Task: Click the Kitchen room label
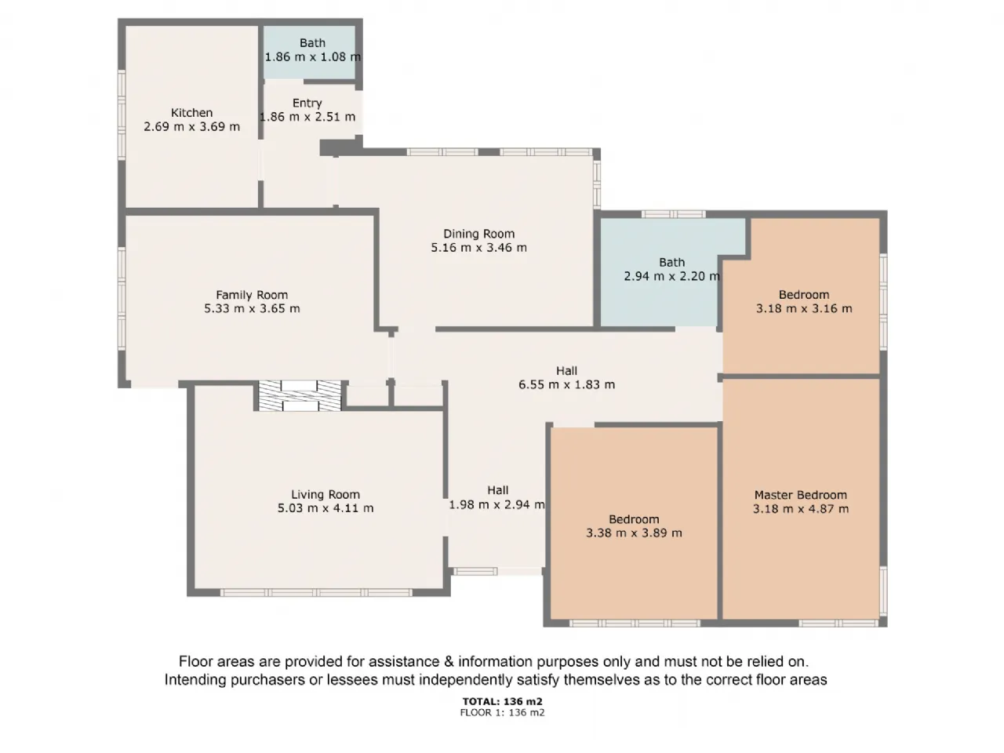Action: [x=191, y=113]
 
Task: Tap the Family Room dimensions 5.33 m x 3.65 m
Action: [x=252, y=308]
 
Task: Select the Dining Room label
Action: [x=479, y=234]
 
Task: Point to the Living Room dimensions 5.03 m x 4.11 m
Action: [x=326, y=508]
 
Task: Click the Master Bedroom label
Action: [x=801, y=495]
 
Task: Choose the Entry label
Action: [x=307, y=104]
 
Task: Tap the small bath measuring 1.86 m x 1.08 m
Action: [x=309, y=52]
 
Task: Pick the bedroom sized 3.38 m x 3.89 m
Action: [x=634, y=523]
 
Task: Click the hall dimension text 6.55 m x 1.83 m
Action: [x=567, y=384]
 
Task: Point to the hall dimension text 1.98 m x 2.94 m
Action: [x=497, y=504]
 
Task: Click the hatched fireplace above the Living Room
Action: [x=300, y=395]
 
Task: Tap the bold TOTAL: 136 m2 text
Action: [x=502, y=701]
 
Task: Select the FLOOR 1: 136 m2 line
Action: [x=502, y=713]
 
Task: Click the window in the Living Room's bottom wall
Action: [x=316, y=593]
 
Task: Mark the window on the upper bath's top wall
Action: [x=673, y=214]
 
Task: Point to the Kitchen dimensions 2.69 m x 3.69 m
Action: [x=191, y=126]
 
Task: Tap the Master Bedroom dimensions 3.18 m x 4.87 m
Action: [x=801, y=509]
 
